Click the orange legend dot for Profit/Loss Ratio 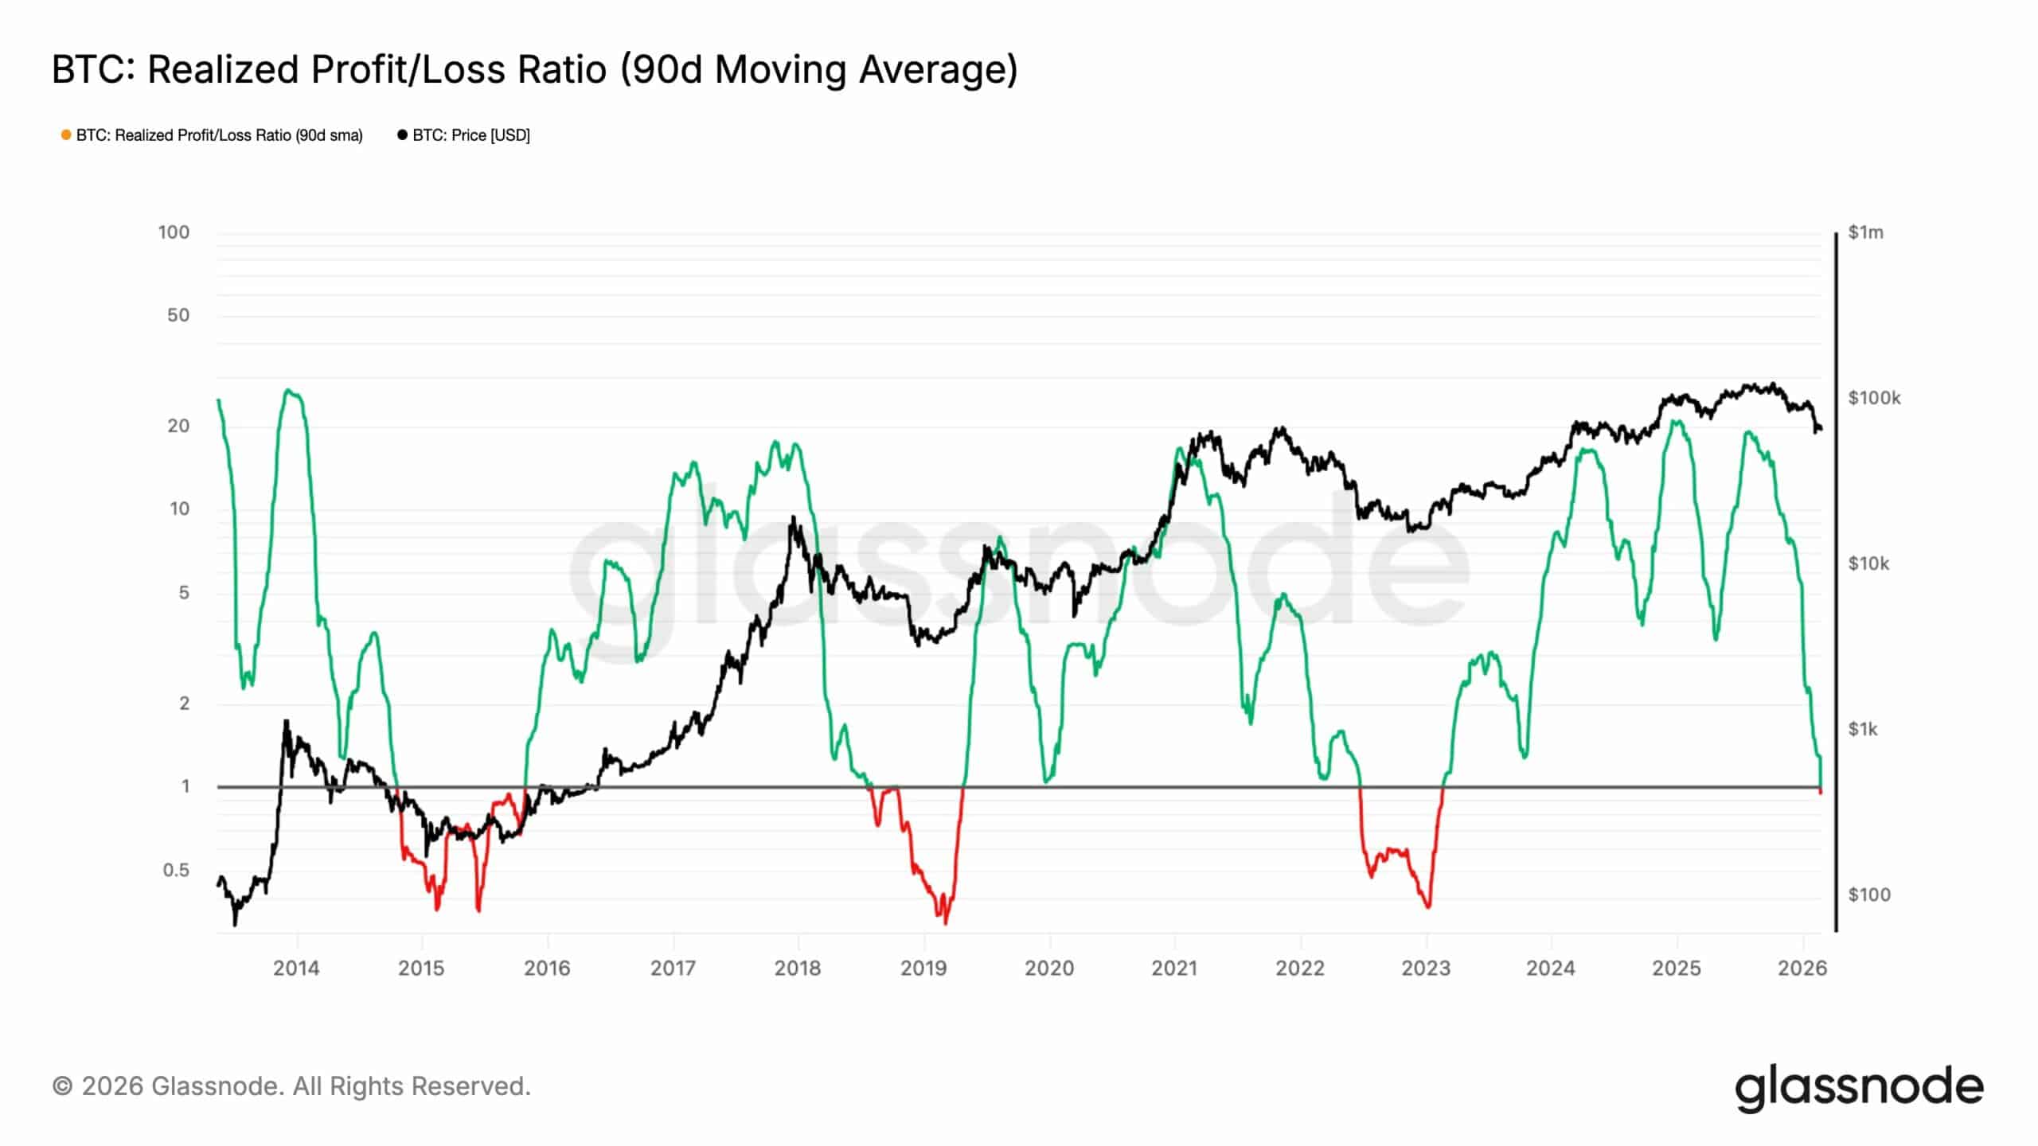click(66, 135)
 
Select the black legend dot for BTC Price click(402, 135)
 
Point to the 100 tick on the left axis click(174, 232)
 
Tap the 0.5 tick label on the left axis click(176, 870)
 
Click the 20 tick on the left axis click(178, 426)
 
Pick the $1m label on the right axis click(1865, 232)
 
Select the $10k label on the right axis click(1868, 563)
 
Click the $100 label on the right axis click(1868, 895)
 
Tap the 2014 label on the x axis click(296, 968)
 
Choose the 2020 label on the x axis click(1049, 968)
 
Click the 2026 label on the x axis click(1802, 968)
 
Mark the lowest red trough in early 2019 click(945, 922)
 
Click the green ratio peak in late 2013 click(289, 390)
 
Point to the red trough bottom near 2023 click(1428, 906)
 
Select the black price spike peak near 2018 click(793, 518)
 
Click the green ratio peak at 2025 click(1676, 420)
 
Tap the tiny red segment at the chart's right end click(1821, 791)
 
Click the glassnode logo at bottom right click(1859, 1088)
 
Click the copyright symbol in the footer click(63, 1086)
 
